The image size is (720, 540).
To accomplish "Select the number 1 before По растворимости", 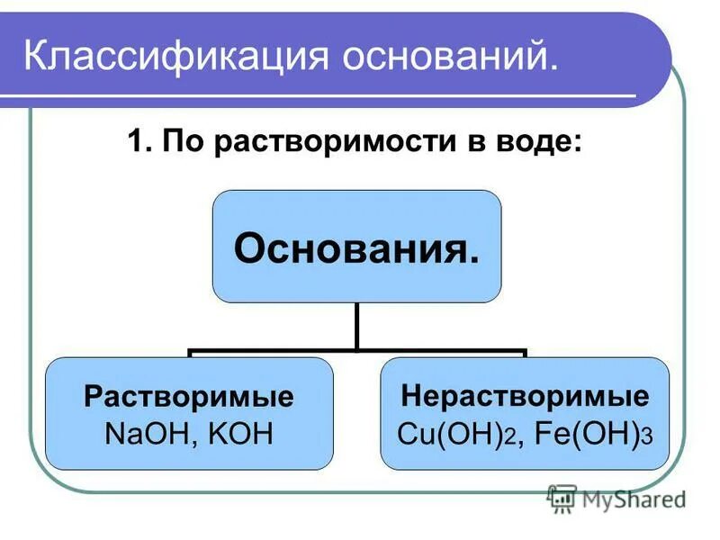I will point(137,144).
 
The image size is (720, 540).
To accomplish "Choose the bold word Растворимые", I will point(189,397).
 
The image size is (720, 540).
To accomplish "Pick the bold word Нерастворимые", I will point(524,397).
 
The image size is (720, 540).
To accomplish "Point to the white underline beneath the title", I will point(324,95).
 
